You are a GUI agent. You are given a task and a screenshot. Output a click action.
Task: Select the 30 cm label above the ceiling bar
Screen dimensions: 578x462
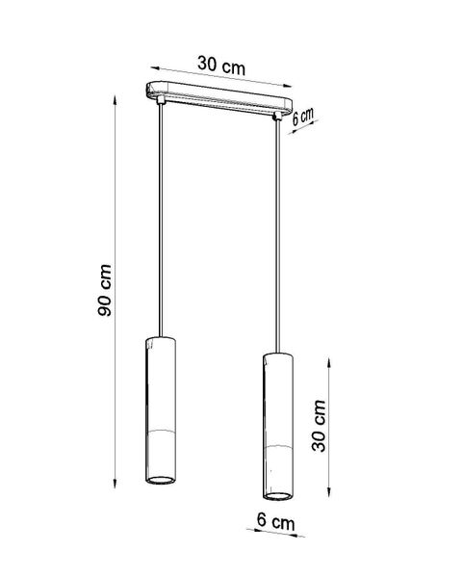point(220,66)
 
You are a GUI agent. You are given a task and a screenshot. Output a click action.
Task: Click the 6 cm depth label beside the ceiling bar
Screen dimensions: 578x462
point(303,116)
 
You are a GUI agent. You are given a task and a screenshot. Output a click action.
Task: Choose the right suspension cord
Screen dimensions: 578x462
point(280,231)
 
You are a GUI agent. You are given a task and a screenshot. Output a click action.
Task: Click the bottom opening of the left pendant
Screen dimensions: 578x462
point(162,478)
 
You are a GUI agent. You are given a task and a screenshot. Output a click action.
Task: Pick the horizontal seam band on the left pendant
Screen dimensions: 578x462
point(162,424)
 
